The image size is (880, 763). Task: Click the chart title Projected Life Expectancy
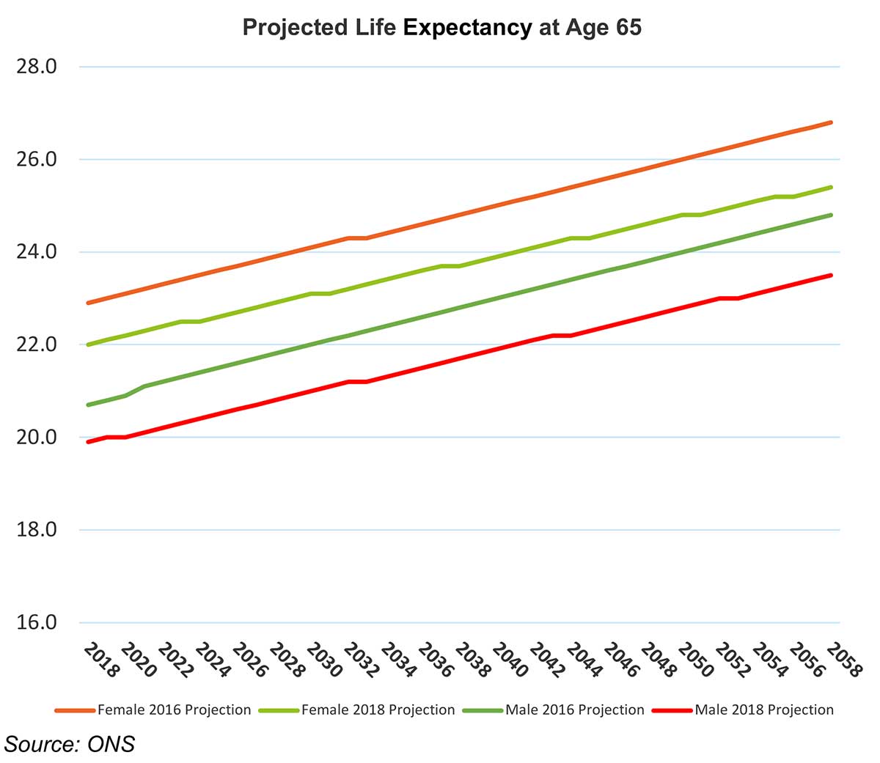click(441, 28)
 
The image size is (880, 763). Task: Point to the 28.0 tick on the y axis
click(37, 67)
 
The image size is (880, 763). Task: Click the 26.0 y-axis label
click(37, 159)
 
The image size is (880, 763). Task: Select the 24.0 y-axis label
click(37, 252)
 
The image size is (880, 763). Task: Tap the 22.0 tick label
click(37, 344)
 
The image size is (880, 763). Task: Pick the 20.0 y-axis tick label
click(37, 437)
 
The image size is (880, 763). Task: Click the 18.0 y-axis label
click(37, 530)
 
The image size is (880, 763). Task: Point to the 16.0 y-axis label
click(37, 622)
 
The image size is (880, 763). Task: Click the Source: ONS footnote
click(70, 744)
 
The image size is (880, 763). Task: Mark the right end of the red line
click(831, 276)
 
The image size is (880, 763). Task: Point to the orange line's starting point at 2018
click(88, 303)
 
